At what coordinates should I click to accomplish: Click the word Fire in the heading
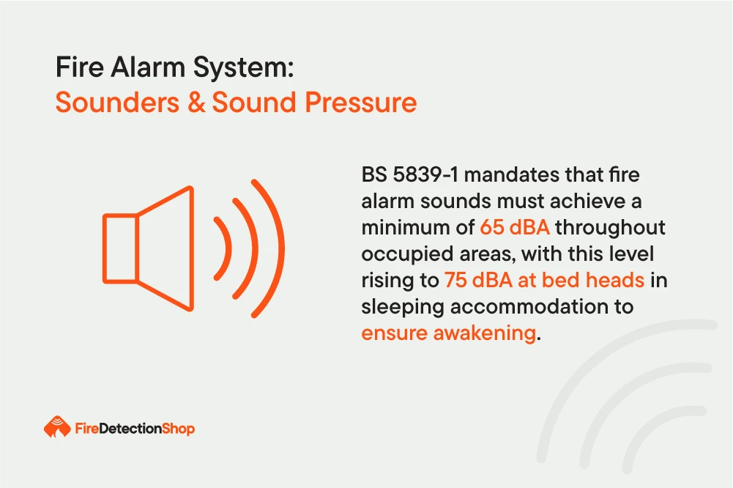coord(79,67)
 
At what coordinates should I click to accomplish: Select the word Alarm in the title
coord(148,67)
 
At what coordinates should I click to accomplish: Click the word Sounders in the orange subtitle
coord(117,102)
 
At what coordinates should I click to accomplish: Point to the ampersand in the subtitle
coord(196,103)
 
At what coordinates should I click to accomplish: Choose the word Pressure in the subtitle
coord(360,103)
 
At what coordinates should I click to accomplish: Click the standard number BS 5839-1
coord(410,174)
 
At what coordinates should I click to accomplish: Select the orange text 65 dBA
coord(515,227)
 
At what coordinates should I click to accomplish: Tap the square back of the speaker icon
coord(120,248)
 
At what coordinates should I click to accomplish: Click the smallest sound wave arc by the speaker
coord(223,248)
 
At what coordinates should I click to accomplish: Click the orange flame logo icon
coord(57,426)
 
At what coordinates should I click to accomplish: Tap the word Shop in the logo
coord(178,429)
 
